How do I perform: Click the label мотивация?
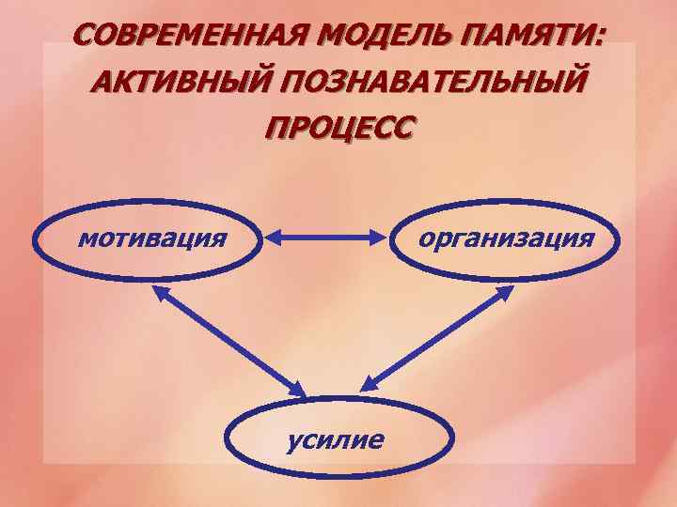click(151, 239)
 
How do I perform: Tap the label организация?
click(506, 239)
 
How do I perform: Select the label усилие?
click(338, 438)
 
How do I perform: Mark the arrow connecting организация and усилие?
click(438, 338)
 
